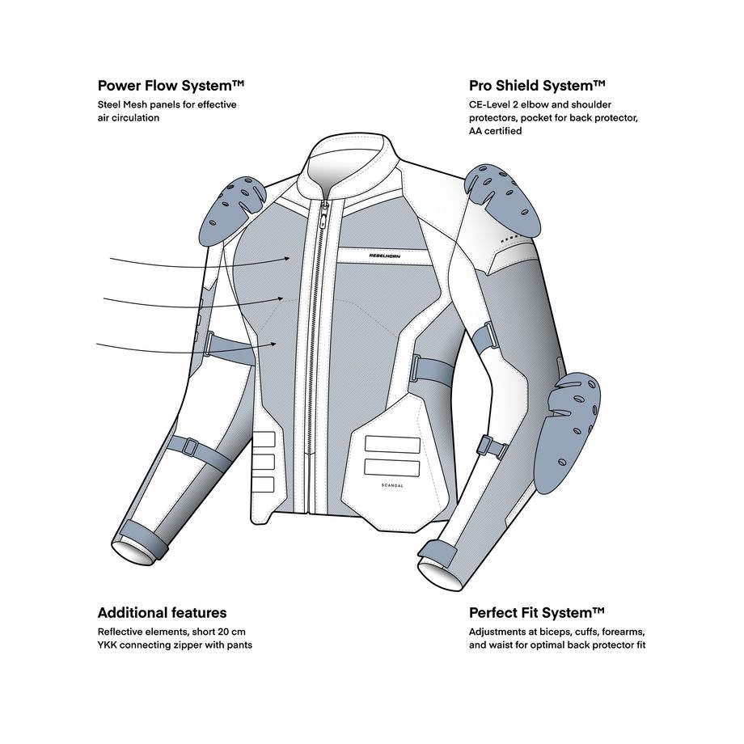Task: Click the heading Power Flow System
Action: click(171, 86)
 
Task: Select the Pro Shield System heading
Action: click(537, 86)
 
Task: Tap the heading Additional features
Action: click(162, 612)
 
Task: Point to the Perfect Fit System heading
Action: click(537, 612)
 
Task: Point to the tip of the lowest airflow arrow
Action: click(277, 344)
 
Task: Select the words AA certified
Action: click(496, 130)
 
